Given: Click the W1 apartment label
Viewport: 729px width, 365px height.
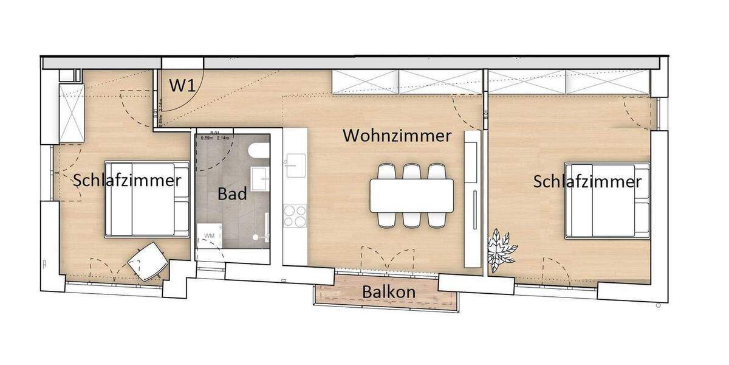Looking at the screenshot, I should click(181, 85).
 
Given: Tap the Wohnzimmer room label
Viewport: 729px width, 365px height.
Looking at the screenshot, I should click(397, 135).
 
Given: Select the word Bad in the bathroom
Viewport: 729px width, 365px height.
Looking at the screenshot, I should click(232, 194).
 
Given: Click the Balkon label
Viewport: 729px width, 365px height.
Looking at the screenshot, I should click(389, 292).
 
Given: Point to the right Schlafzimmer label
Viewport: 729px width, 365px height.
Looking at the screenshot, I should click(587, 181).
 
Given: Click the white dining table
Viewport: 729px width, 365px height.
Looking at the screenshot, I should click(411, 195).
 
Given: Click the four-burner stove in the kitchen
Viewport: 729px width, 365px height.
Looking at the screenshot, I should click(295, 215).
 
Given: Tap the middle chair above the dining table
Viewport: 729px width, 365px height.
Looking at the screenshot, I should click(412, 172).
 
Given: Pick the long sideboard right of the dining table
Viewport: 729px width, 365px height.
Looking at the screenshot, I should click(471, 198).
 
